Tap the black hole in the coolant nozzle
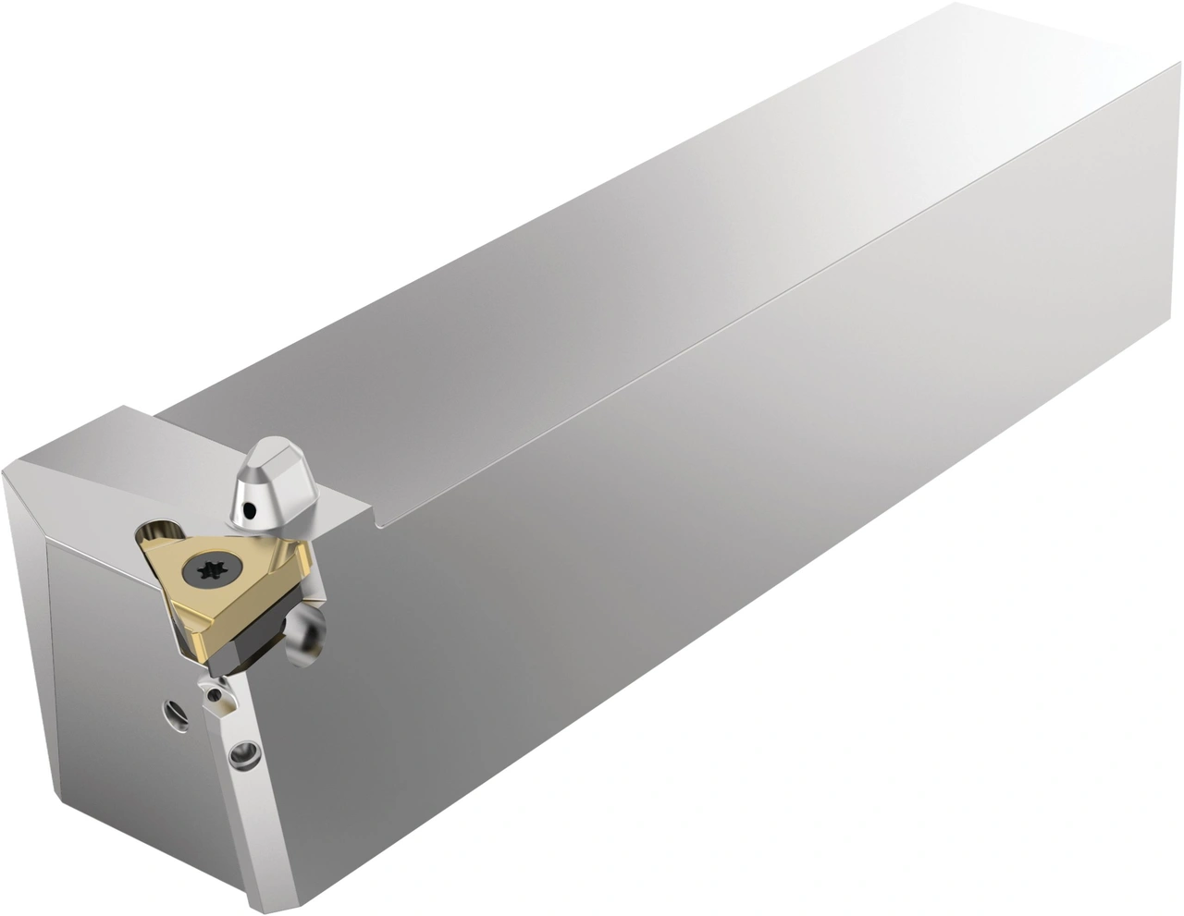(251, 507)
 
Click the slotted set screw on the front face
(176, 712)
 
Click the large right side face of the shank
(694, 555)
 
